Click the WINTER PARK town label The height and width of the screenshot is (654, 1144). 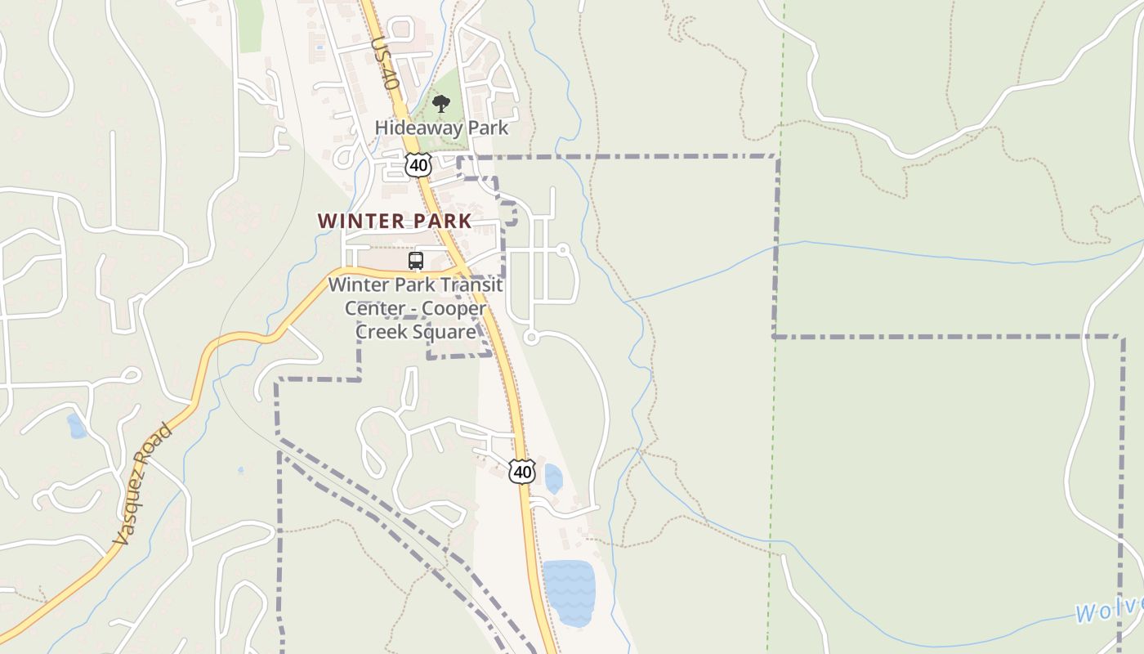[x=395, y=221]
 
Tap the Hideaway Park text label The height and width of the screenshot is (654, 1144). [x=441, y=128]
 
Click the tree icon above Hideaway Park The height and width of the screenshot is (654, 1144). [x=441, y=104]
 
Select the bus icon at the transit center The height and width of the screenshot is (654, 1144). [x=416, y=261]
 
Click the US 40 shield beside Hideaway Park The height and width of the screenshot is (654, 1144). [x=418, y=165]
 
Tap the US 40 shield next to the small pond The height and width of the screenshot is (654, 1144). [x=522, y=472]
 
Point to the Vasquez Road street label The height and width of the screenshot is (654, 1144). [x=143, y=484]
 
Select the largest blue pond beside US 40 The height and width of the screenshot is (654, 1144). [x=569, y=592]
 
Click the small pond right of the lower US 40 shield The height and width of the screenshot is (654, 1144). [x=553, y=478]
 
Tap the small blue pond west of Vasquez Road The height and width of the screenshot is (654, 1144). [x=76, y=426]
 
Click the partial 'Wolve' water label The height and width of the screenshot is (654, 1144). [x=1108, y=610]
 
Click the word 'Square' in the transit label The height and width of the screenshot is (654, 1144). [x=445, y=331]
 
